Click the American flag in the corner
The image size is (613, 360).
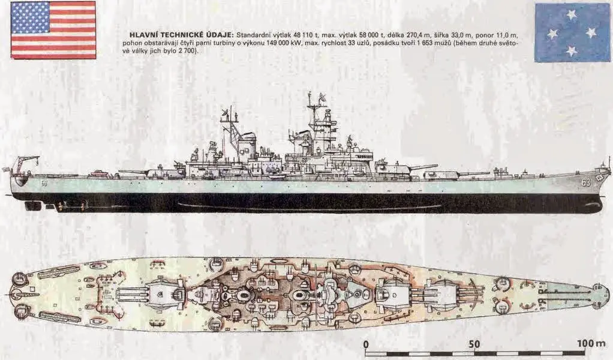click(x=53, y=30)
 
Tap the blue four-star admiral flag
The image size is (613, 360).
click(x=572, y=32)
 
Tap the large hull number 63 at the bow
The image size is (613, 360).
click(x=585, y=182)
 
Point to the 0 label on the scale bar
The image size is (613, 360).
click(x=366, y=344)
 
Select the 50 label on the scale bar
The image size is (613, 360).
click(x=474, y=344)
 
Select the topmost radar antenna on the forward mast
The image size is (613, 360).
click(x=321, y=97)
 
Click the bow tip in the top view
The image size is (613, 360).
click(x=608, y=293)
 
